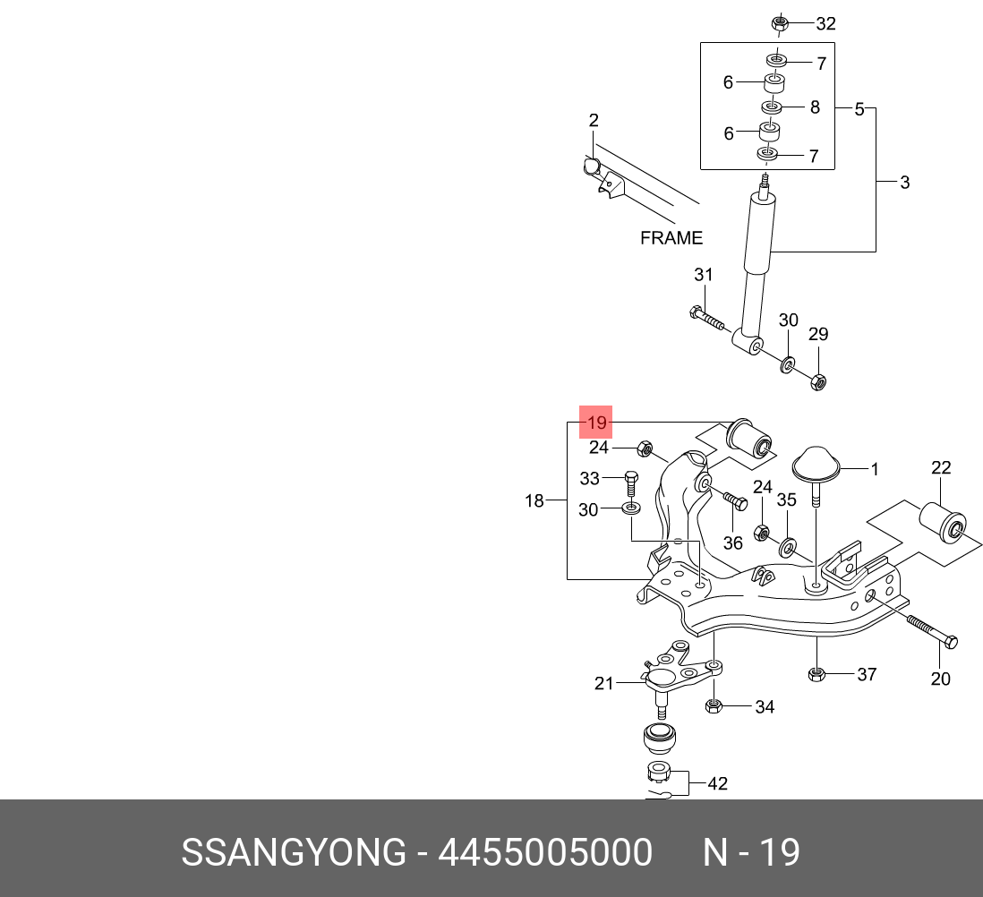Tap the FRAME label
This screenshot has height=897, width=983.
671,238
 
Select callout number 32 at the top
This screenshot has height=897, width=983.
825,24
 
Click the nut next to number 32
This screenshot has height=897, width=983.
779,24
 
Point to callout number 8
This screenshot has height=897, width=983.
815,107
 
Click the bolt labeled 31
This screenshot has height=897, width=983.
706,318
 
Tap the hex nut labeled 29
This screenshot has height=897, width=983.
817,381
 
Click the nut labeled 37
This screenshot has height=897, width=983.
816,674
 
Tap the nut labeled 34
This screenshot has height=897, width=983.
714,706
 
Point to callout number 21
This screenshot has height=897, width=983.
603,683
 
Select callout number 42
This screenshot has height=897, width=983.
718,783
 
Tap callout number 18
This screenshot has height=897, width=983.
534,500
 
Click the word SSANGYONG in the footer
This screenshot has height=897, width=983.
294,852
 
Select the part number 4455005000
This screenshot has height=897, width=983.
545,852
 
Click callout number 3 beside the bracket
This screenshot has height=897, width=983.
904,183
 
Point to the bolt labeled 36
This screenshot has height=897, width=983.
735,500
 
